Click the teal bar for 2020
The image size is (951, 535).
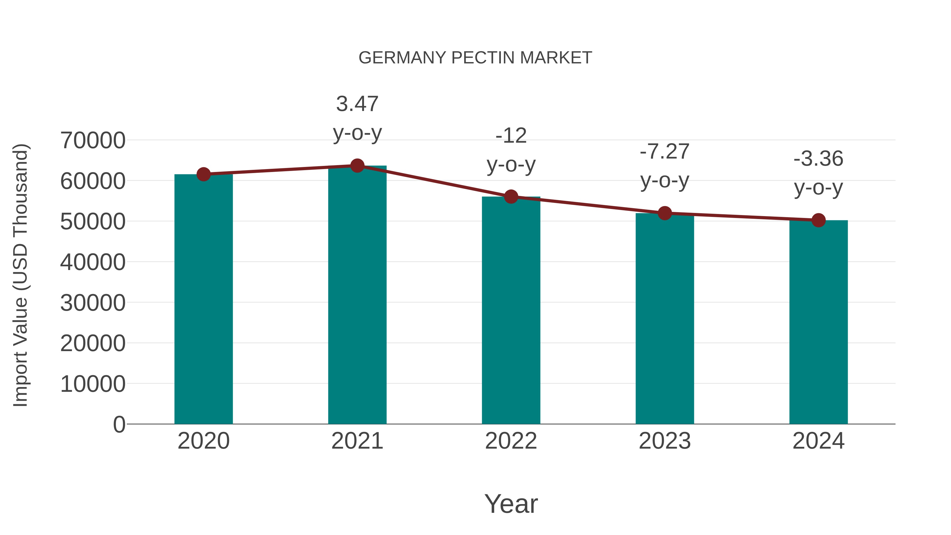click(203, 299)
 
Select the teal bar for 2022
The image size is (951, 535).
click(511, 310)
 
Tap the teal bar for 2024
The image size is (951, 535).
click(818, 322)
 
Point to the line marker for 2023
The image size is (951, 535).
click(665, 213)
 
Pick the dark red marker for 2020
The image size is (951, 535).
click(203, 174)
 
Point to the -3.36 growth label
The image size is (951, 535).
click(818, 173)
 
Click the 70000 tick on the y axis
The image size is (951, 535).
click(93, 140)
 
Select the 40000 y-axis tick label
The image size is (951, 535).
click(93, 262)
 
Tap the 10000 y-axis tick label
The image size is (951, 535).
click(93, 384)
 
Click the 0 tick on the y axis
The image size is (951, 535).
click(119, 424)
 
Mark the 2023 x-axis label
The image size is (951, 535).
click(665, 441)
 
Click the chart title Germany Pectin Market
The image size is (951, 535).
click(475, 58)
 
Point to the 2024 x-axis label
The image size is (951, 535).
click(818, 441)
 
